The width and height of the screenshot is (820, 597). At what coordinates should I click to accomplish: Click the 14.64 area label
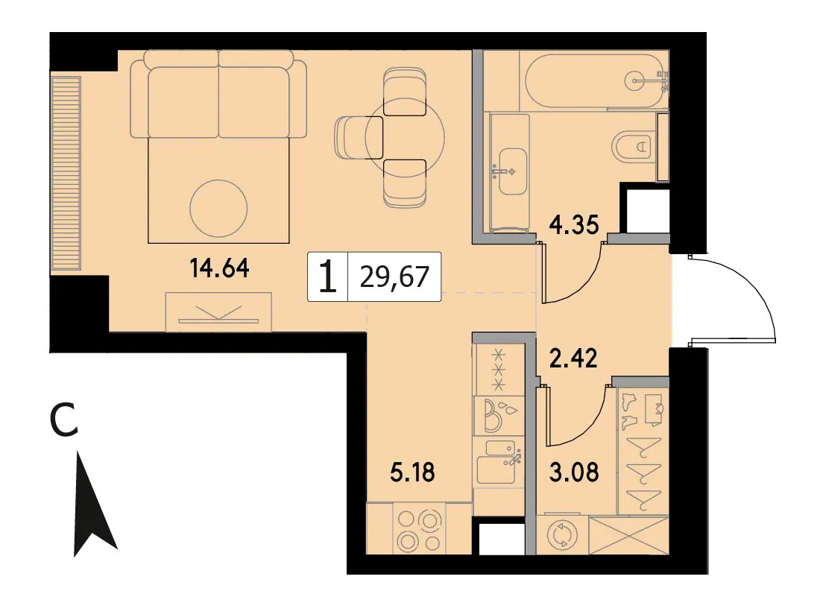click(x=220, y=268)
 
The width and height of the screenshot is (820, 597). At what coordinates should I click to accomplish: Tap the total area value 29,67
click(x=395, y=277)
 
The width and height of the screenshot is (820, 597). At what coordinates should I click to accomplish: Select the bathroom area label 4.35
click(x=574, y=225)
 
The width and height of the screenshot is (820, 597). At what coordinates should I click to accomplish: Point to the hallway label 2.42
click(x=573, y=358)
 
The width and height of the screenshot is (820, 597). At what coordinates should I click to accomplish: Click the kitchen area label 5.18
click(x=413, y=472)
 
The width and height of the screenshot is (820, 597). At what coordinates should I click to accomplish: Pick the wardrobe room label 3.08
click(x=574, y=472)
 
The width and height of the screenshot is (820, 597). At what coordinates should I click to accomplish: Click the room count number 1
click(x=328, y=277)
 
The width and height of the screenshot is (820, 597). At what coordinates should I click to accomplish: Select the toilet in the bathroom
click(x=632, y=147)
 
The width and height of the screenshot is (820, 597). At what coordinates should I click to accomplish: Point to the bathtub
click(x=596, y=81)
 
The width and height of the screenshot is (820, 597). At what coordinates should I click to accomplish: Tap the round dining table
click(x=405, y=138)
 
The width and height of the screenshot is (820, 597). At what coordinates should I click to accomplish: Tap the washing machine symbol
click(x=561, y=536)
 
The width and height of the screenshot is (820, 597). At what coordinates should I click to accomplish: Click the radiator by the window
click(x=66, y=174)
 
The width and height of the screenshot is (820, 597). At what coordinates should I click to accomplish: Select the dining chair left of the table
click(x=359, y=137)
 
